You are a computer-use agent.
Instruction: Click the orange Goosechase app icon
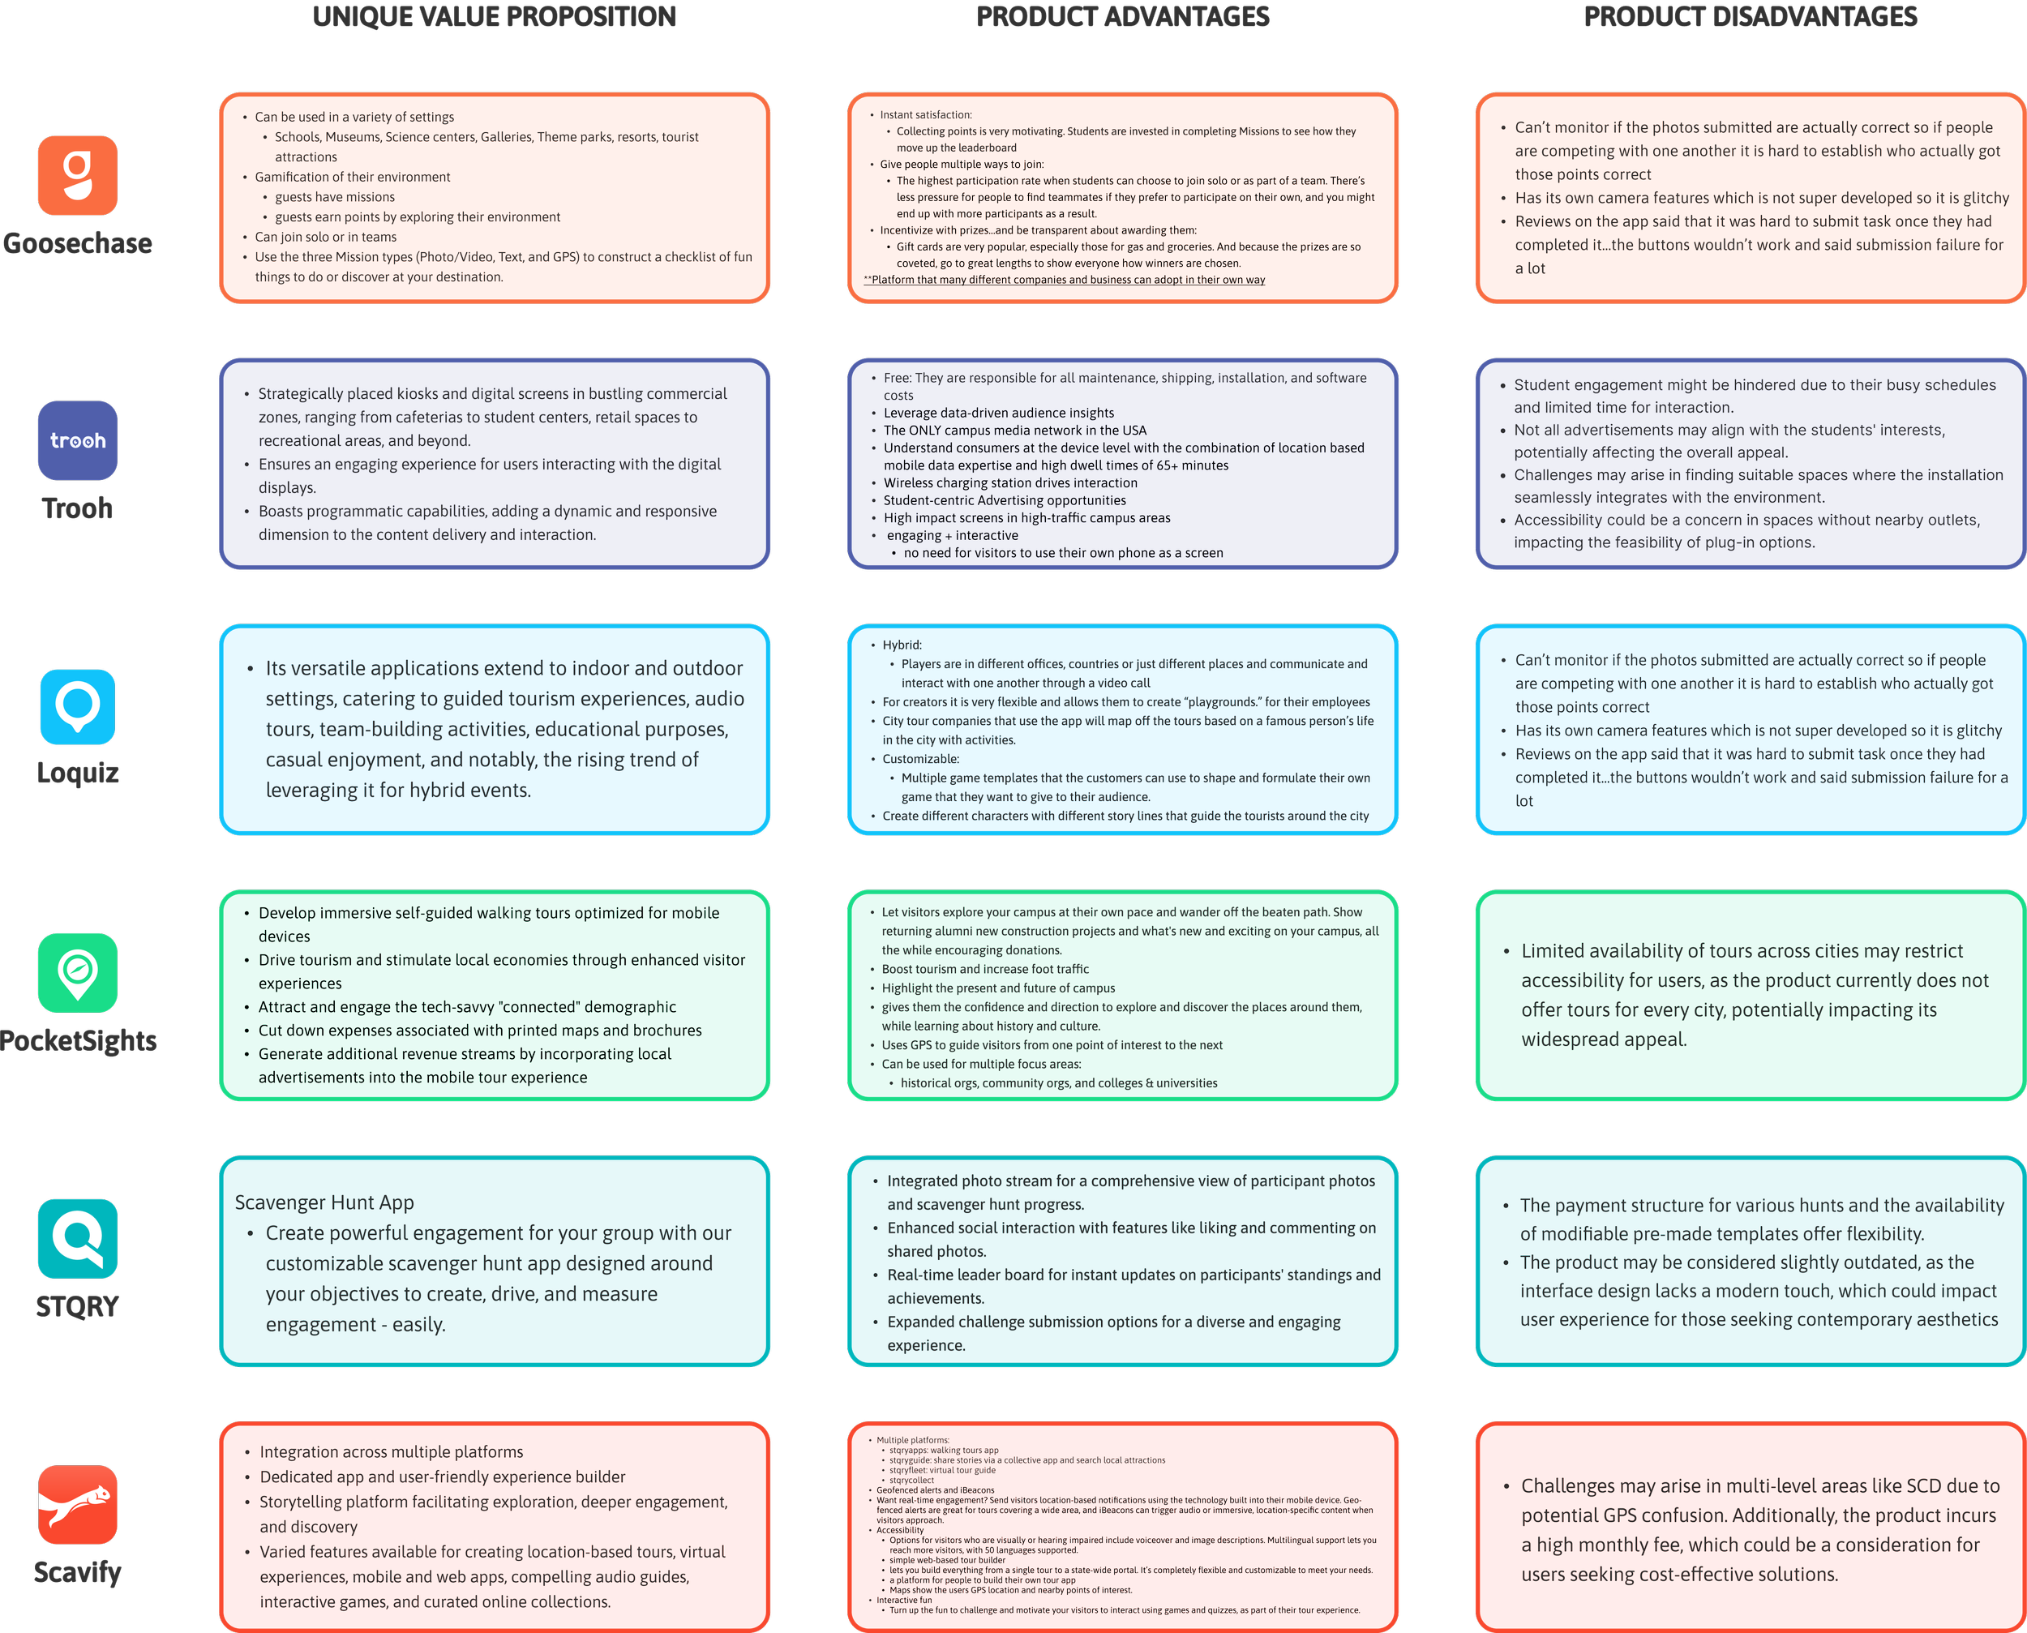point(78,175)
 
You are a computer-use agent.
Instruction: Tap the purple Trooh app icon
point(78,440)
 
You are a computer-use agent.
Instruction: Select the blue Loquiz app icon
point(78,706)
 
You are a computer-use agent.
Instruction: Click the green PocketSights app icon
point(78,973)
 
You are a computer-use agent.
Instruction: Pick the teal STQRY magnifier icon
point(78,1238)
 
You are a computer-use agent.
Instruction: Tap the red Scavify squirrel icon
point(78,1504)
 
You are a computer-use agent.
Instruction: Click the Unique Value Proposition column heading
point(494,17)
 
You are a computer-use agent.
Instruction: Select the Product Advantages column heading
point(1122,17)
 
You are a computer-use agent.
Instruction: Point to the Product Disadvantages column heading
point(1751,17)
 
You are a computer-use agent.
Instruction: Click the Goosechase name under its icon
point(78,243)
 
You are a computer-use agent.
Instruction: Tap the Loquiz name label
point(78,774)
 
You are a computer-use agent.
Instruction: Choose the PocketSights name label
point(78,1040)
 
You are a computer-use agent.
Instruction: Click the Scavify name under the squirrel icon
point(78,1572)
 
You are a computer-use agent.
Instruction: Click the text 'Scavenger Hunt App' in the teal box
point(324,1202)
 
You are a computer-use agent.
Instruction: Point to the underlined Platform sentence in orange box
point(1065,280)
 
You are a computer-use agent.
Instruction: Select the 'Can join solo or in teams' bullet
point(325,237)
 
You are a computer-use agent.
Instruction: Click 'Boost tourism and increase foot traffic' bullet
point(985,969)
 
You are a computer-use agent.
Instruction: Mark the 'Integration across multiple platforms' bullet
point(392,1451)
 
